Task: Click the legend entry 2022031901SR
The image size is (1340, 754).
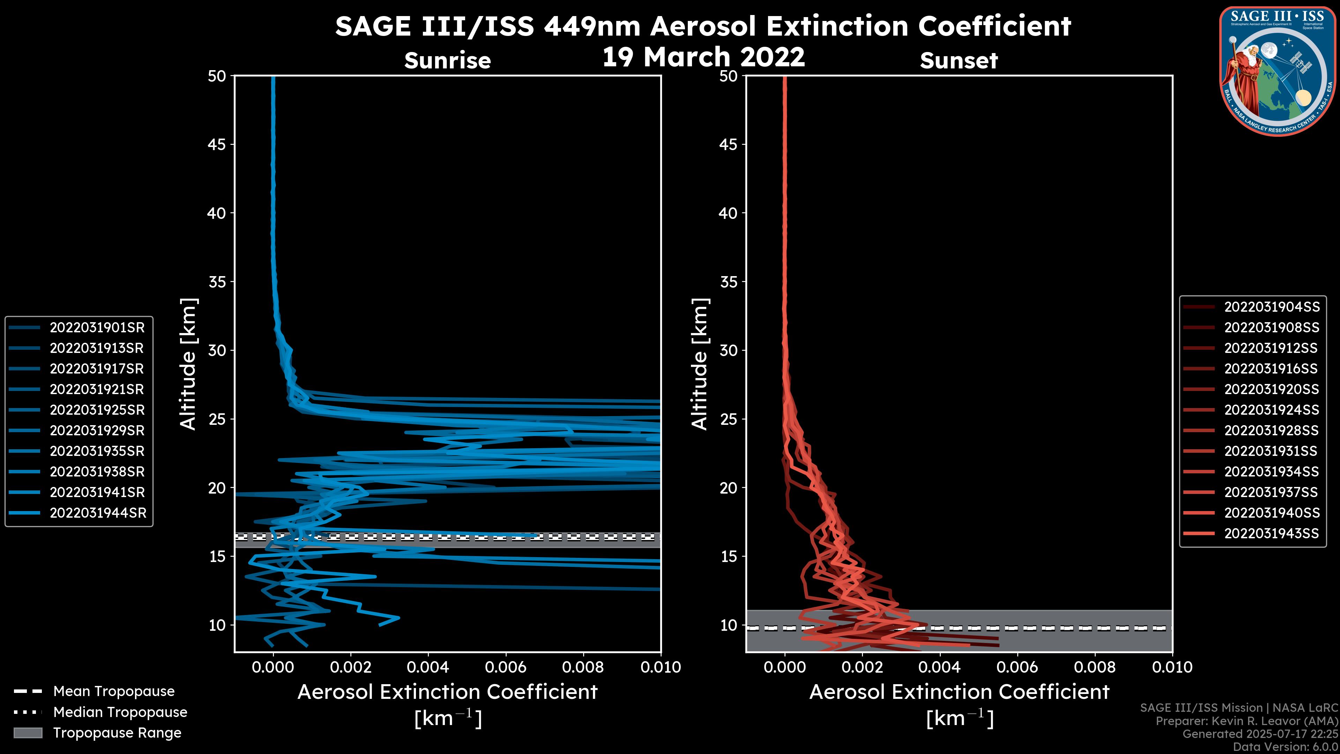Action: (97, 328)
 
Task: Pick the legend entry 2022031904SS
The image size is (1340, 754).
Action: (1271, 307)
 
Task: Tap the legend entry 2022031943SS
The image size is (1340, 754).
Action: (1271, 533)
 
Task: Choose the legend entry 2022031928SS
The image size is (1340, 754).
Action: (1271, 431)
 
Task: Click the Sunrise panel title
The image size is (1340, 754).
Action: (447, 61)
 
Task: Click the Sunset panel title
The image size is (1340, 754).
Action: (959, 61)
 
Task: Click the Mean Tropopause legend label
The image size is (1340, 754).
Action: (113, 692)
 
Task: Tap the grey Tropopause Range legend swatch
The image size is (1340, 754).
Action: (28, 733)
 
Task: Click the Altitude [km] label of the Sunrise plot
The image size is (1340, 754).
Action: (188, 364)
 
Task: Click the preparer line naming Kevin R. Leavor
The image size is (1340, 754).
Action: (1246, 721)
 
